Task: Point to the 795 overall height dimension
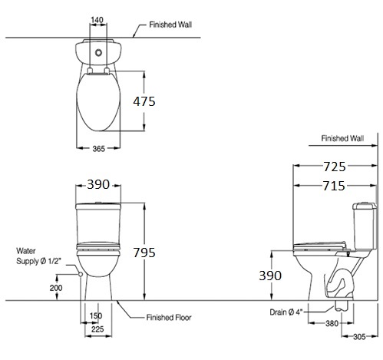pyautogui.click(x=163, y=251)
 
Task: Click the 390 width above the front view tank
pyautogui.click(x=98, y=185)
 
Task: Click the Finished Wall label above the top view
pyautogui.click(x=166, y=24)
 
